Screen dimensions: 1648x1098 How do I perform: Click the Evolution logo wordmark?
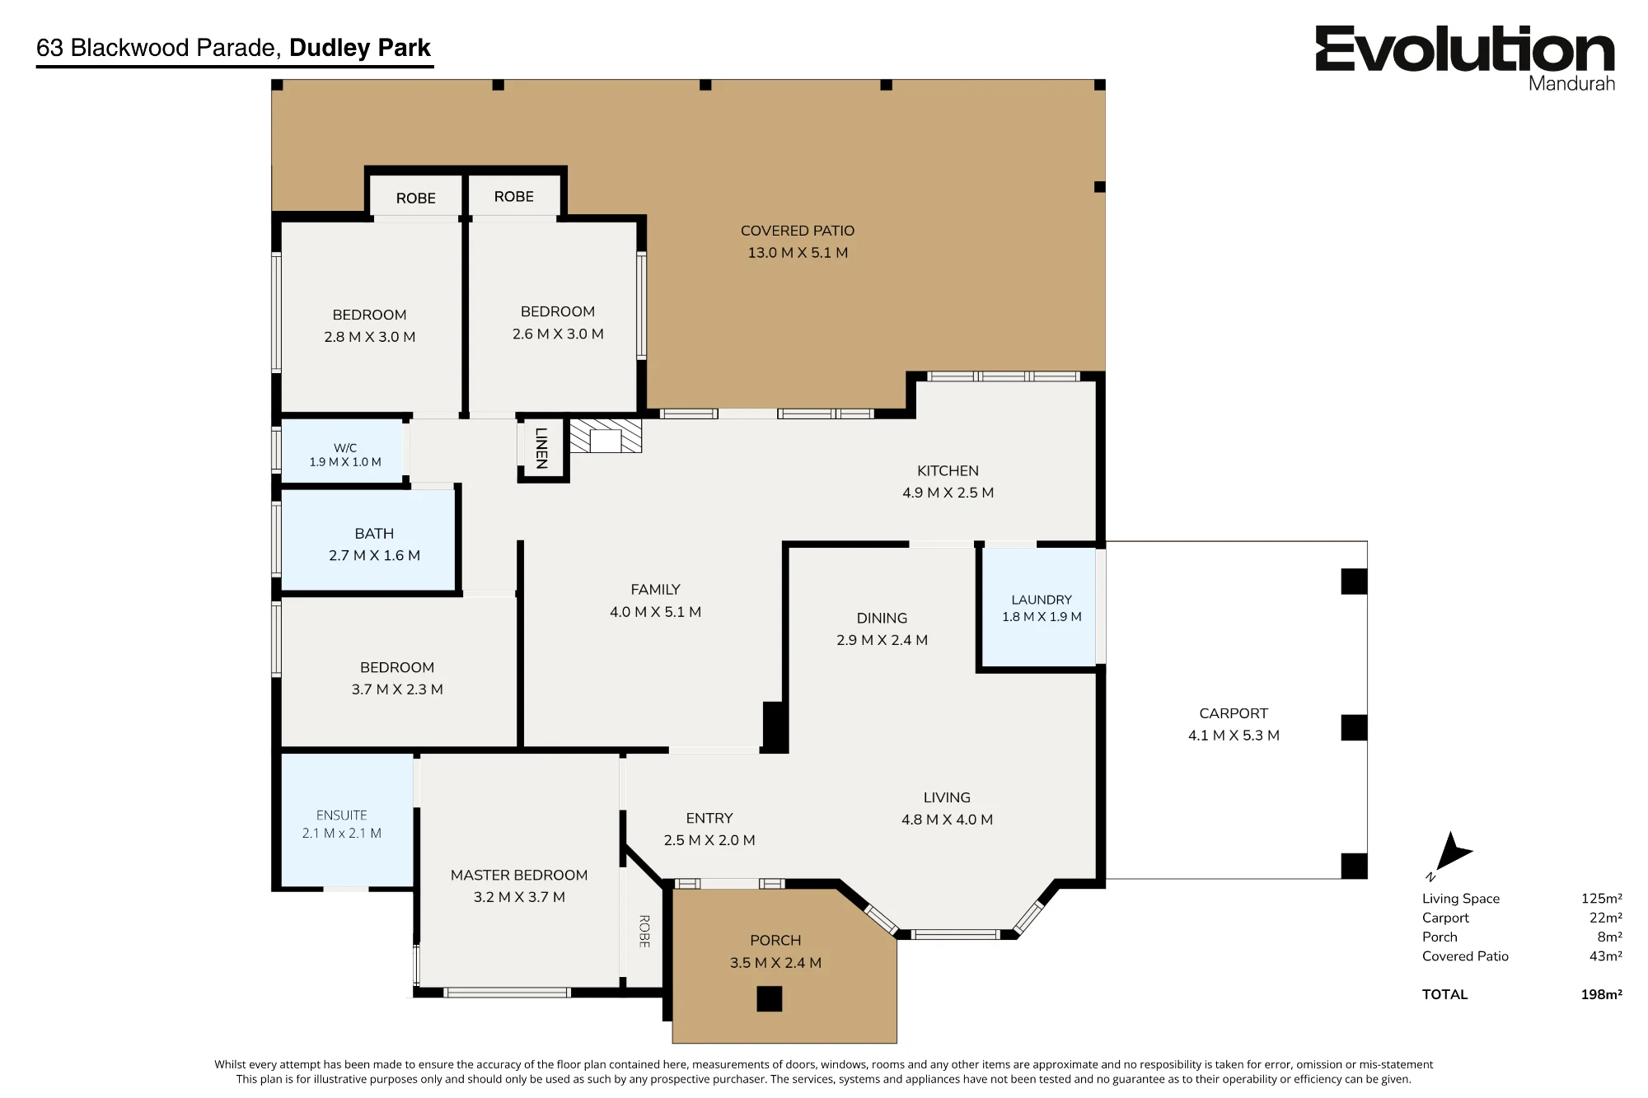coord(1464,49)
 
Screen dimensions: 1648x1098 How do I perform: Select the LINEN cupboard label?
coord(541,448)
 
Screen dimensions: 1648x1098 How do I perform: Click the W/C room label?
coord(345,448)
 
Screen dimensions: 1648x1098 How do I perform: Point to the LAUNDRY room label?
coord(1042,600)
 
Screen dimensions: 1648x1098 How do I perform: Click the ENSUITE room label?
coord(341,815)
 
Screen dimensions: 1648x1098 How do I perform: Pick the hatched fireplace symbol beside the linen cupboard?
coord(606,436)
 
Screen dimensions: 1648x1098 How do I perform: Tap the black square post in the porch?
coord(770,999)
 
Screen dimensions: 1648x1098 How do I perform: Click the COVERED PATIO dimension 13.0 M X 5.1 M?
coord(798,253)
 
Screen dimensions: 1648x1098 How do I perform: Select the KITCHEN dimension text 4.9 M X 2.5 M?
coord(948,493)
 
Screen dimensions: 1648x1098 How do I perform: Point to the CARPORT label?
coord(1234,713)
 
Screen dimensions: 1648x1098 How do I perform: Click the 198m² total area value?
coord(1601,994)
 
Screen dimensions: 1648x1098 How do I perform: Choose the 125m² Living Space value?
coord(1601,899)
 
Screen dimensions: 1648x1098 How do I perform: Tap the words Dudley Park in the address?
coord(360,48)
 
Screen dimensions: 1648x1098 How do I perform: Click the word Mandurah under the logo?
coord(1571,83)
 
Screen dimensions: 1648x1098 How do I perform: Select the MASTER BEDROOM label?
coord(519,875)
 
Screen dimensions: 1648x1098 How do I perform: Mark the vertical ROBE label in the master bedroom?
coord(644,931)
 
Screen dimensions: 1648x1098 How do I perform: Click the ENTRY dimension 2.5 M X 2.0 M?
coord(709,840)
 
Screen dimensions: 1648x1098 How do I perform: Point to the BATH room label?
coord(374,534)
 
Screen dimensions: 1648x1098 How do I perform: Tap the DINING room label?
coord(882,618)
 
